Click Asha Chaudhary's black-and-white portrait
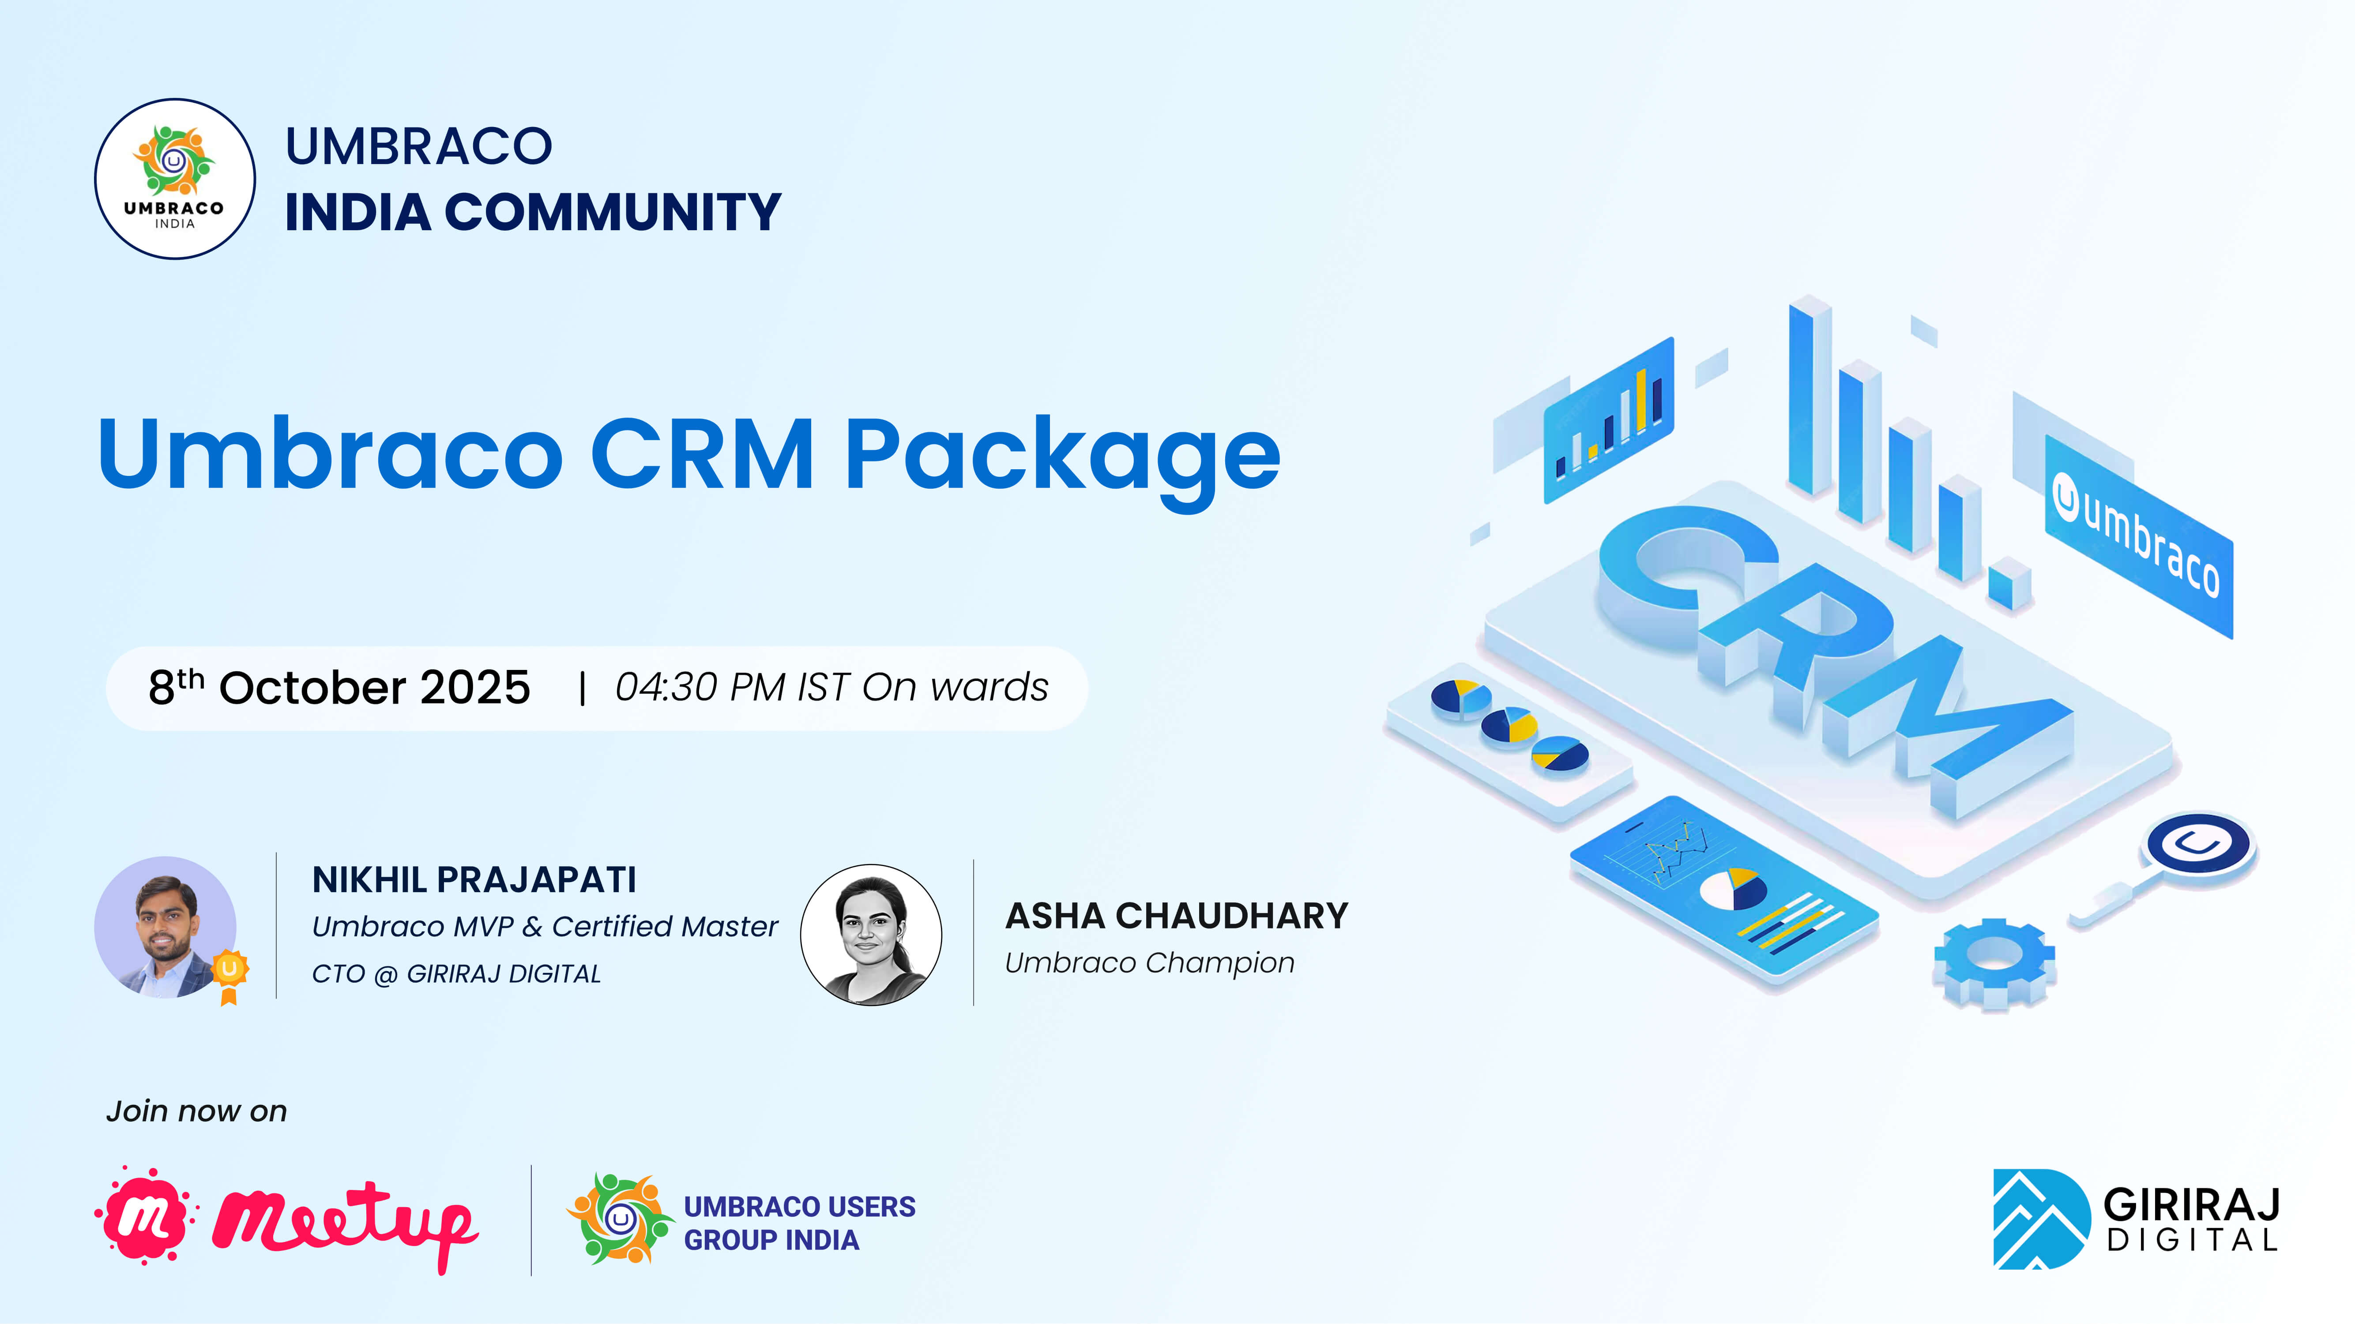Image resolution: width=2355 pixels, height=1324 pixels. pyautogui.click(x=871, y=935)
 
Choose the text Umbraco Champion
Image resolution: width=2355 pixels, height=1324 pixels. pyautogui.click(x=1149, y=963)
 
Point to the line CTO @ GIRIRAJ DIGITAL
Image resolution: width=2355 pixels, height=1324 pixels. pyautogui.click(x=456, y=974)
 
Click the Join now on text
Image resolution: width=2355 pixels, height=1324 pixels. pyautogui.click(x=196, y=1111)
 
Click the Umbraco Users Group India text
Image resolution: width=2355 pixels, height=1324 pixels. pyautogui.click(x=799, y=1223)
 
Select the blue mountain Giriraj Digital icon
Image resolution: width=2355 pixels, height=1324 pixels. pyautogui.click(x=2040, y=1219)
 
